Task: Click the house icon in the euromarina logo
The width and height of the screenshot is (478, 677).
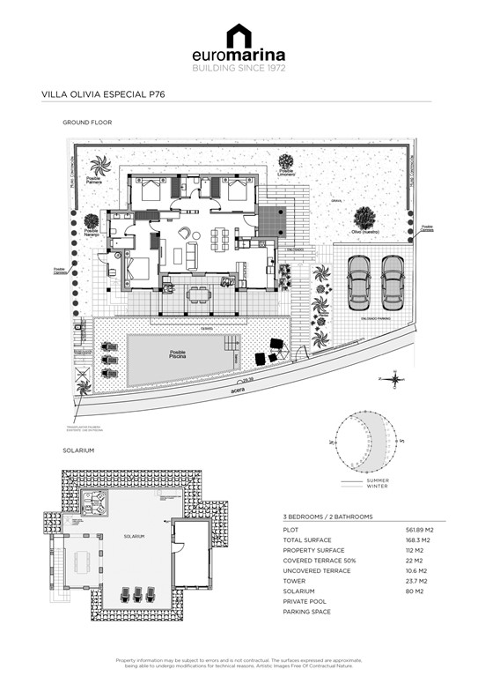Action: (x=238, y=37)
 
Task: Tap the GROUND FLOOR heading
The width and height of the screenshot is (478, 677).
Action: (x=87, y=123)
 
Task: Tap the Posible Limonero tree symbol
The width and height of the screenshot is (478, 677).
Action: (x=286, y=162)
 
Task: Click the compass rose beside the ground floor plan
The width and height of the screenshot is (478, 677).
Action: (x=393, y=379)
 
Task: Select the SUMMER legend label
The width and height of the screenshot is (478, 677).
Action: (x=378, y=480)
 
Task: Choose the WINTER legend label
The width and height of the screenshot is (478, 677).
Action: (x=377, y=487)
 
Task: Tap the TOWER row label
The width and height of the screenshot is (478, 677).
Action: (x=295, y=581)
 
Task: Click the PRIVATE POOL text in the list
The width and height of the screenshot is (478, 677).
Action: (x=306, y=601)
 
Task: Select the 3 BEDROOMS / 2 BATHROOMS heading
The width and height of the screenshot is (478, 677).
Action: (x=327, y=516)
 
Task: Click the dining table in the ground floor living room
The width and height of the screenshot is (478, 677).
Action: (x=224, y=235)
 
